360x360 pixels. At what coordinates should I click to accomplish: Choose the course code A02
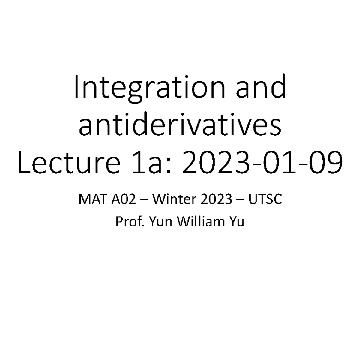pos(127,200)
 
